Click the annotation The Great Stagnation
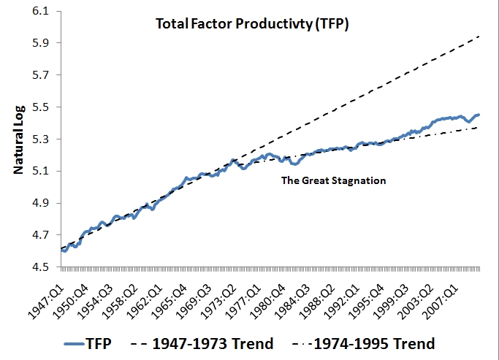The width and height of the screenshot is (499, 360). (333, 181)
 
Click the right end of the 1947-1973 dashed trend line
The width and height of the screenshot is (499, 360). (479, 36)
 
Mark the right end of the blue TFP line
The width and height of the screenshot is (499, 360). (479, 115)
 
